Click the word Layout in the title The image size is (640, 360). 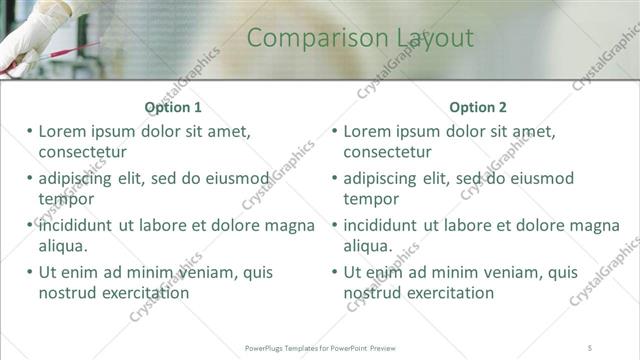coord(424,38)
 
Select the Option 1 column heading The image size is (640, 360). coord(173,107)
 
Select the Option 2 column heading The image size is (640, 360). coord(478,107)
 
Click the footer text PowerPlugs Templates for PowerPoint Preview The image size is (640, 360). coord(321,347)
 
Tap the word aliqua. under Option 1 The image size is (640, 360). coord(64,245)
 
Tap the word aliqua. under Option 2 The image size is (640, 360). coord(369,245)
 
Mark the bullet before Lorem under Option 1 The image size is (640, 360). coord(30,131)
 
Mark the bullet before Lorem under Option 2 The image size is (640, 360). coord(335,131)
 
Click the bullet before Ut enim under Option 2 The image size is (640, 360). coord(335,272)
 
